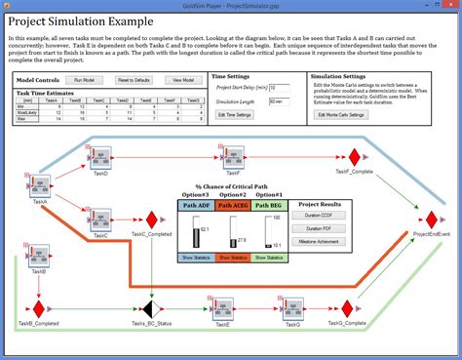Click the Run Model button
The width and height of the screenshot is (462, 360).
click(83, 79)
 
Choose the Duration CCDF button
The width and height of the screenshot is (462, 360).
click(314, 214)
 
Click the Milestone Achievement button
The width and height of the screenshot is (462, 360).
click(314, 241)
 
